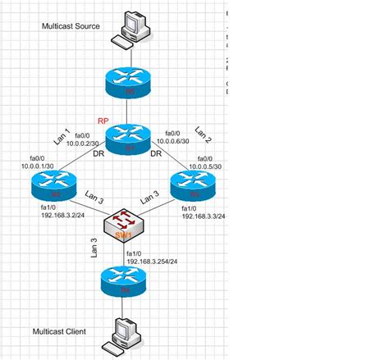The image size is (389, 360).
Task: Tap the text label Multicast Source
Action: tap(71, 26)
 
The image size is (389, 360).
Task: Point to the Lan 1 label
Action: tap(63, 135)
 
